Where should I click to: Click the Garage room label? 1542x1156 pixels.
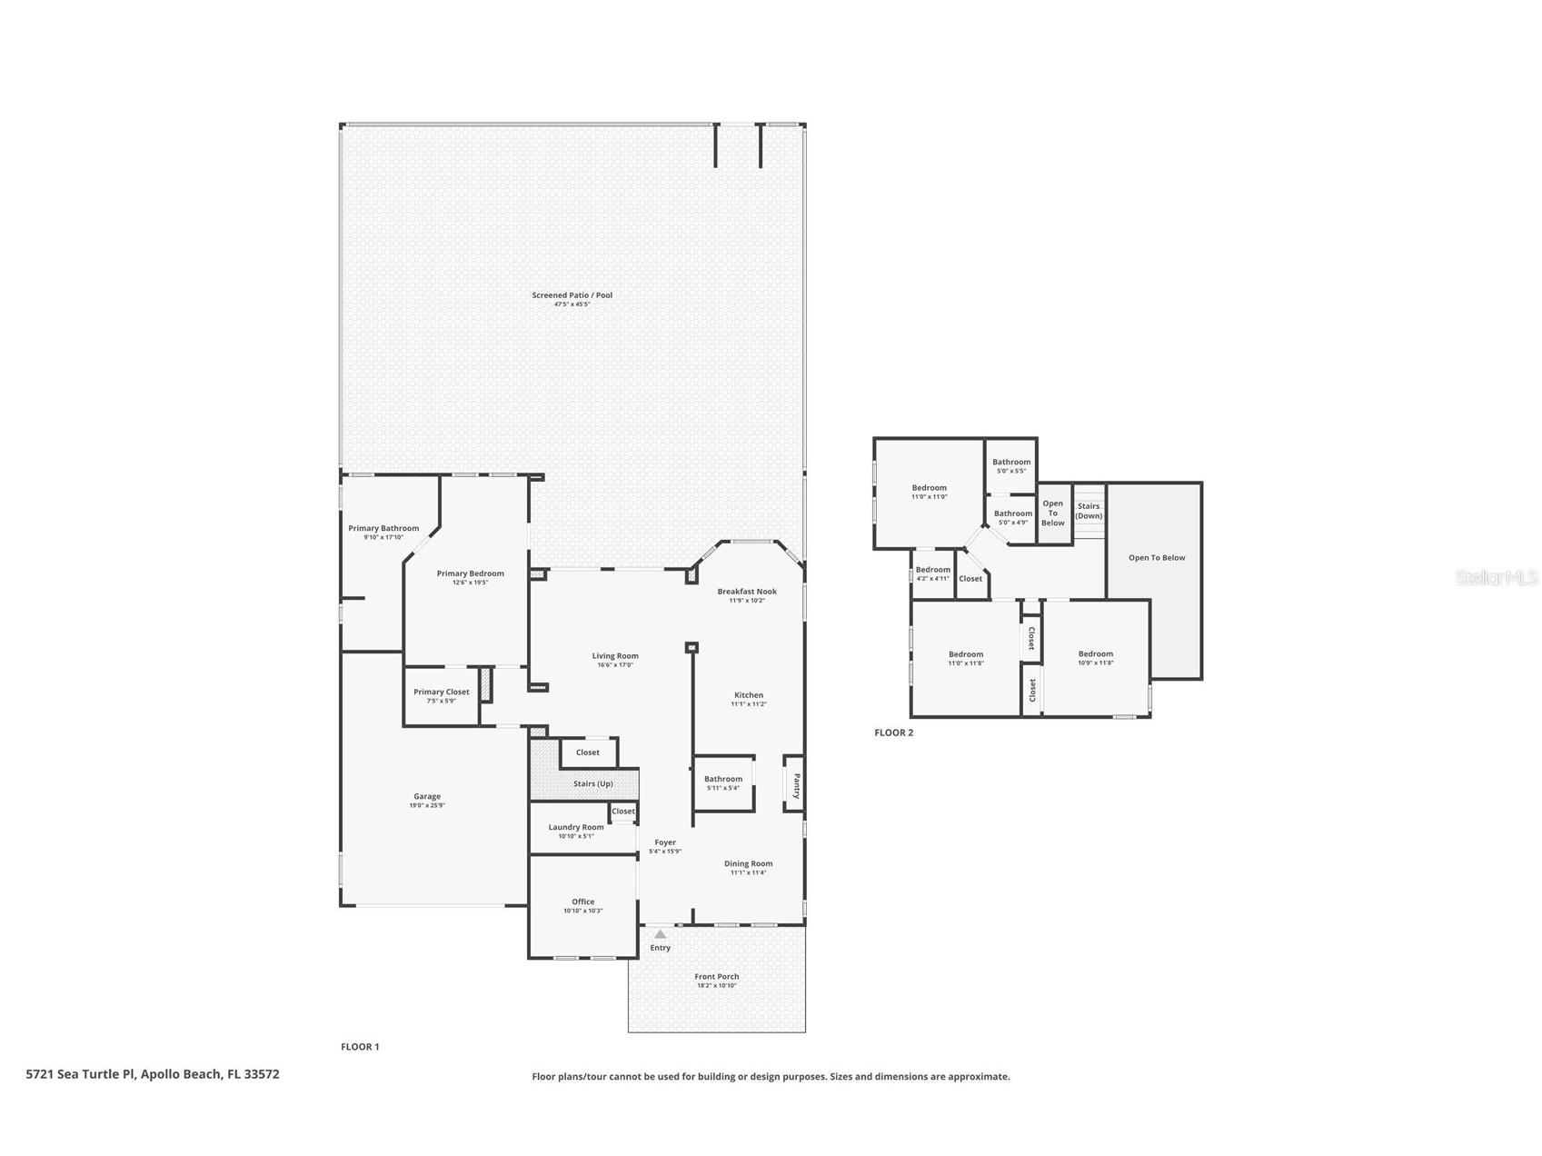[427, 796]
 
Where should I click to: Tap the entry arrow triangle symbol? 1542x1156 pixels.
[661, 934]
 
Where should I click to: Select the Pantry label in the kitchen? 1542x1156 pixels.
[796, 784]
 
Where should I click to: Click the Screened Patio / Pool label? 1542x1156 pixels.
[572, 295]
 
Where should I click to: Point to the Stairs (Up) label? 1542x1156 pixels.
[592, 783]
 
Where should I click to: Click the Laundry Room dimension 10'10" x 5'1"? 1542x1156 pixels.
[576, 836]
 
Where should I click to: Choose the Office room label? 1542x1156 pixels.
[582, 902]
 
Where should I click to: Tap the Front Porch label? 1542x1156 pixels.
[716, 977]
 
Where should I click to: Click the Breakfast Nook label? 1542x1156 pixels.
[747, 592]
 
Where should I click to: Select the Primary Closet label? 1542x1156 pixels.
[442, 692]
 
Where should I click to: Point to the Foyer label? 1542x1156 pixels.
[665, 842]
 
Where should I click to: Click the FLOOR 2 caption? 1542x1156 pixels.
[893, 732]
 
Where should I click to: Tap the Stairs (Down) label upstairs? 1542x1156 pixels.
[1089, 511]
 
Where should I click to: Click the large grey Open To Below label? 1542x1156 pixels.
[1157, 558]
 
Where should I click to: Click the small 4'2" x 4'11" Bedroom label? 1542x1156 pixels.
[933, 570]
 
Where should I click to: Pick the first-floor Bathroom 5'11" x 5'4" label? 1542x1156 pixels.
[723, 779]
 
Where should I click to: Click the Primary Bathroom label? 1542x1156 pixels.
[383, 528]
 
